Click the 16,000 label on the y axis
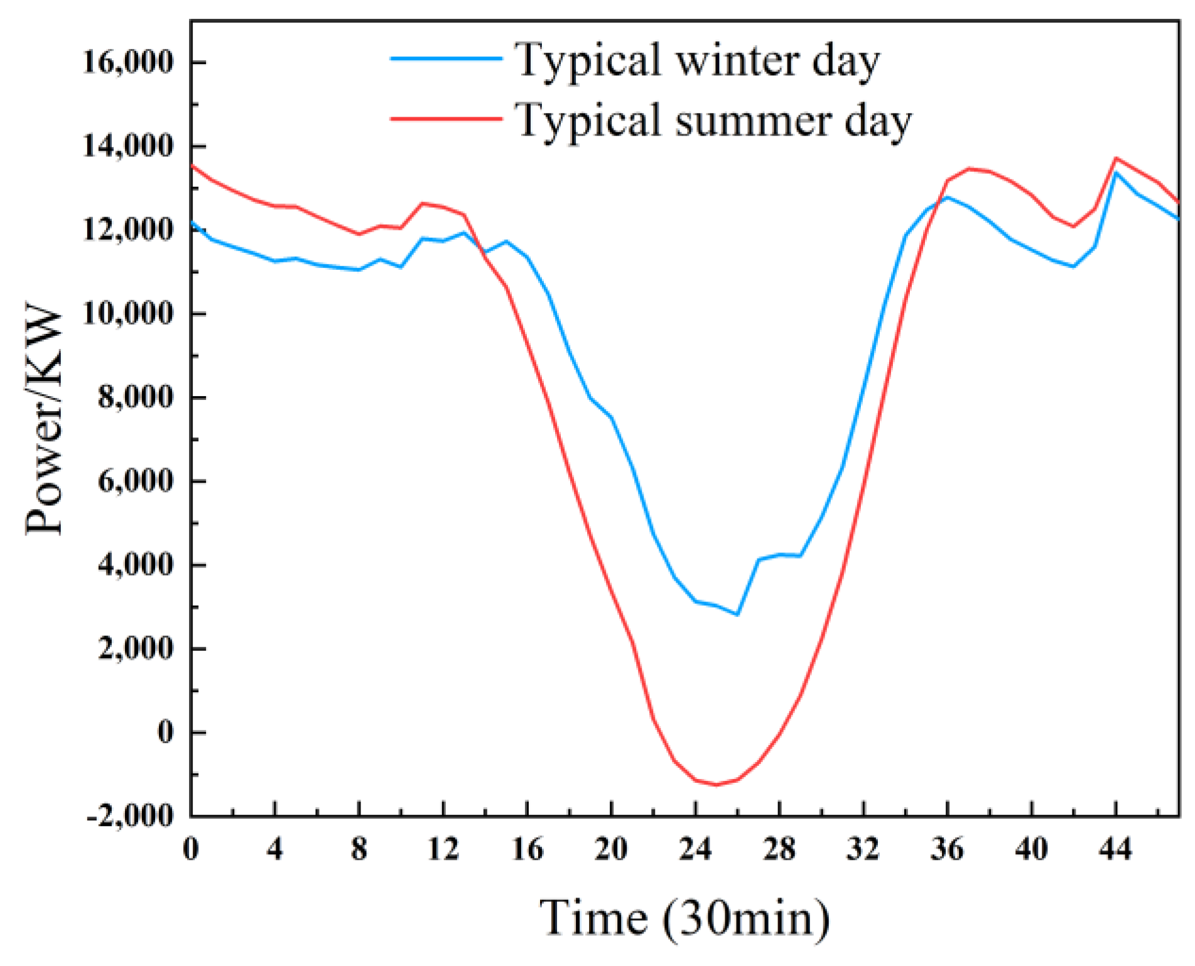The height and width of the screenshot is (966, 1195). coord(127,63)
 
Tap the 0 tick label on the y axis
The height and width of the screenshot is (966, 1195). coord(165,733)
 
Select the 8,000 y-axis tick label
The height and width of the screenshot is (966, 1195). coord(135,397)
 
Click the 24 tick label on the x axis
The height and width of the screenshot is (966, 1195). coord(695,850)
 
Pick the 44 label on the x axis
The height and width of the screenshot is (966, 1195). coord(1115,850)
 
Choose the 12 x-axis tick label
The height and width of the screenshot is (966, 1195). coord(443,850)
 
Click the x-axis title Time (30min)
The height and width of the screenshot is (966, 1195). coord(684,918)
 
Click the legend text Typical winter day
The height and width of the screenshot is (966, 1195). coord(697,61)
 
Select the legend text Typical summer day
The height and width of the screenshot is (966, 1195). coord(713,121)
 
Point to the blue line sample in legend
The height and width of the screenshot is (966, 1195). coord(446,58)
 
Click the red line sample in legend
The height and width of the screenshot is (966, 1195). coord(446,118)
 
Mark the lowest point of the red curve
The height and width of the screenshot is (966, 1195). coord(716,785)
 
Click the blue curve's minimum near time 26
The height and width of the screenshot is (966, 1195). coord(737,614)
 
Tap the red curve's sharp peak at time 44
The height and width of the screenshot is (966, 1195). coord(1116,158)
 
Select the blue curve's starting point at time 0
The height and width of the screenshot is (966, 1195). coord(192,222)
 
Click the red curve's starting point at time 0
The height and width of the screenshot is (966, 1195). coord(192,166)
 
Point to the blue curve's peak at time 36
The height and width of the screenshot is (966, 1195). coord(948,197)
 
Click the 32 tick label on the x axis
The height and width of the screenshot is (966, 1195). coord(863,850)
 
